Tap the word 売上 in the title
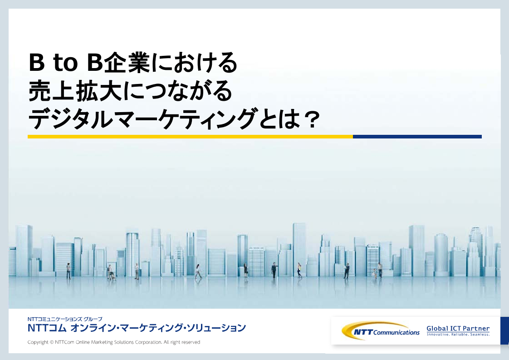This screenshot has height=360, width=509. point(52,91)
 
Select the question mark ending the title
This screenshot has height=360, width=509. point(312,119)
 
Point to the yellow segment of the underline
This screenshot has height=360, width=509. point(190,137)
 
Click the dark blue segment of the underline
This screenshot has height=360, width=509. point(417,137)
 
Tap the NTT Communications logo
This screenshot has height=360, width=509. point(381,331)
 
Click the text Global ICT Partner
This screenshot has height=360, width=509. point(458,329)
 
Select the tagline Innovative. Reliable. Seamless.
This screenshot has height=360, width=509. point(458,334)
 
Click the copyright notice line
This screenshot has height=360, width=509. point(113,342)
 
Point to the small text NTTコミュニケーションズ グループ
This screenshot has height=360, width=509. point(65,319)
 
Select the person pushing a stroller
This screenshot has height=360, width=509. point(111,272)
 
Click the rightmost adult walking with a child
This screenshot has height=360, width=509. point(380,270)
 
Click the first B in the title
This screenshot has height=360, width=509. point(37,62)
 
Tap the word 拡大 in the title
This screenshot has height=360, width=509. point(99,91)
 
